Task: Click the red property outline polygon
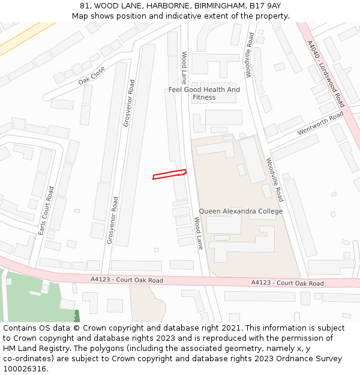tap(169, 175)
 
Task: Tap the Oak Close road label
tap(91, 76)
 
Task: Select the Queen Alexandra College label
tap(241, 211)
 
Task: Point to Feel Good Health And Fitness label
tap(204, 94)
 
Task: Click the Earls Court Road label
tap(46, 209)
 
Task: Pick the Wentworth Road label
tap(320, 123)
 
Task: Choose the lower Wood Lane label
tap(198, 233)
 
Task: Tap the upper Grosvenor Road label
tap(129, 103)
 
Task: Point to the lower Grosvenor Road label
tap(112, 220)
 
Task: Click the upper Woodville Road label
tap(250, 55)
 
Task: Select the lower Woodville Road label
tap(274, 179)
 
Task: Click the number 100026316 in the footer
tap(24, 369)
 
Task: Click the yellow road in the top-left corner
tap(24, 40)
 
